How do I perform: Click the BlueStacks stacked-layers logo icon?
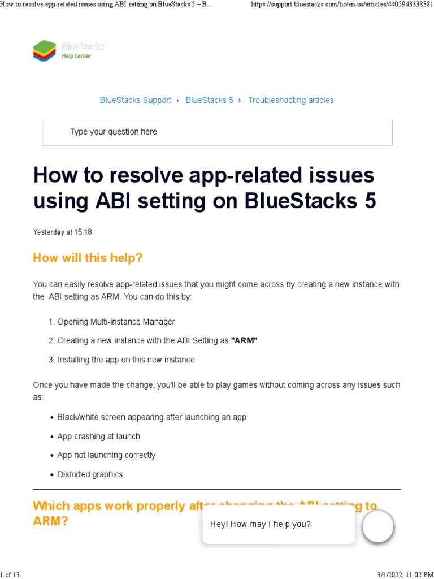(45, 51)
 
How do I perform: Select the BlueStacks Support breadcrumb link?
(136, 100)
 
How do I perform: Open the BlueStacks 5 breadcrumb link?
(209, 100)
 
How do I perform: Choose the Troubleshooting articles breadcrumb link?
(290, 100)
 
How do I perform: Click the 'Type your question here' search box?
(217, 132)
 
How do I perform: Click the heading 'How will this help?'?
(88, 258)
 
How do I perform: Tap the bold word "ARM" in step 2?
(244, 340)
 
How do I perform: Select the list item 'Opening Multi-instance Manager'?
(116, 322)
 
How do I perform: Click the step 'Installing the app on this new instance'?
(125, 360)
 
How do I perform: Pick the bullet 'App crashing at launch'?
(98, 437)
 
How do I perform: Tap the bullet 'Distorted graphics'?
(90, 474)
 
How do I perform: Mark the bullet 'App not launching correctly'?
(106, 455)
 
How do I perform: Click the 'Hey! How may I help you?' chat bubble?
(261, 524)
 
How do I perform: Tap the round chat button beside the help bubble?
(377, 526)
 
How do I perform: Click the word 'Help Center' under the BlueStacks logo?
(76, 56)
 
